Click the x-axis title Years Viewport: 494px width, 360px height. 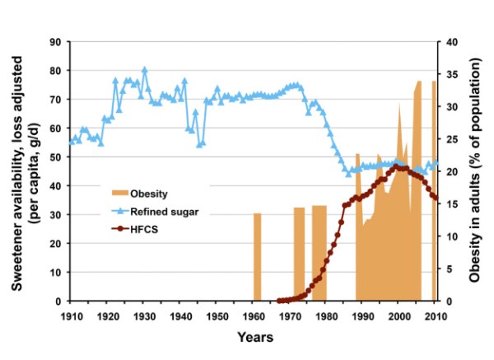point(255,337)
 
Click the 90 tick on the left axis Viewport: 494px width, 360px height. point(56,42)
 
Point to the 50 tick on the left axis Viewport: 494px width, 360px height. point(56,157)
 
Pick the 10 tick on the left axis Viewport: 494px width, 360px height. point(56,273)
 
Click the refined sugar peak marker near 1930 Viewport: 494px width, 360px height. point(144,70)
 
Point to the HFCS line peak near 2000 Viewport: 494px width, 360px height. point(398,167)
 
